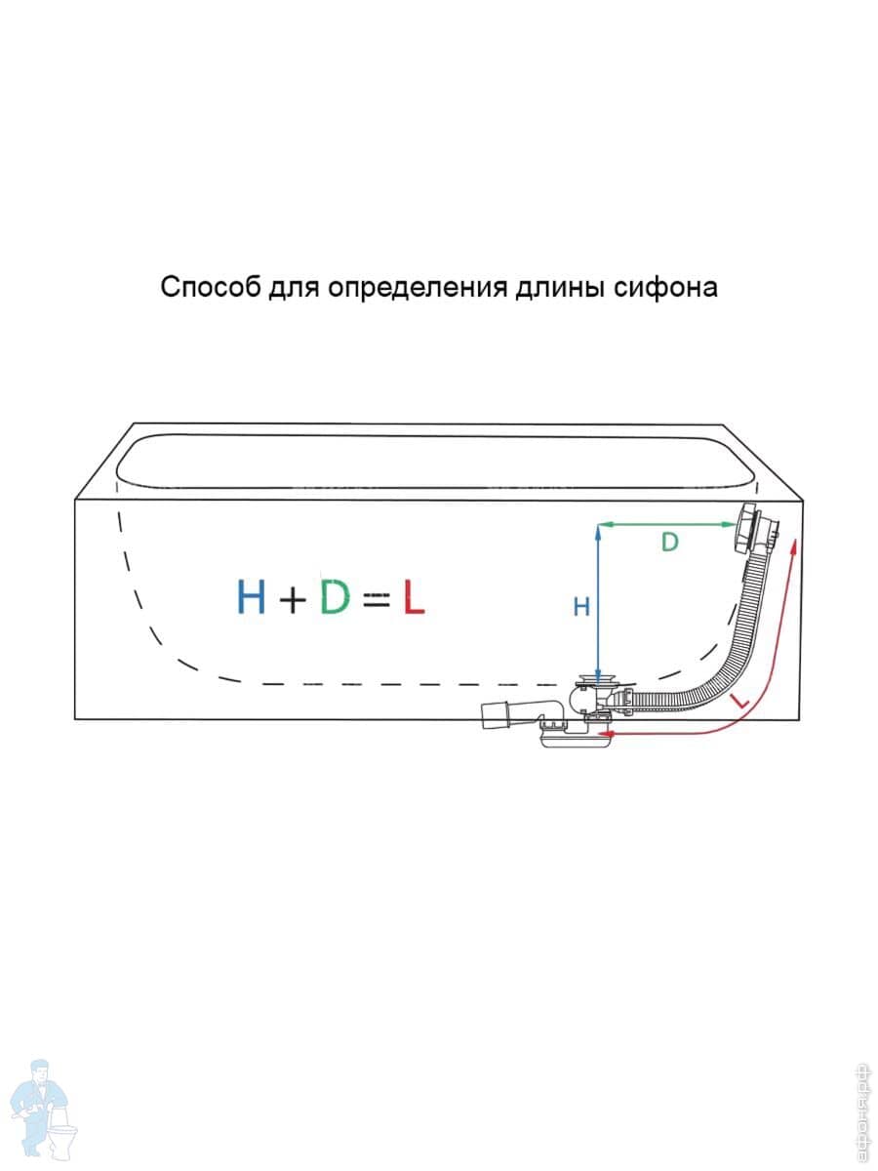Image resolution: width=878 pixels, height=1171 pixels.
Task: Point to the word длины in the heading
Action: tap(558, 289)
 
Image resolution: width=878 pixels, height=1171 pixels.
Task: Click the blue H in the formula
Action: tap(251, 596)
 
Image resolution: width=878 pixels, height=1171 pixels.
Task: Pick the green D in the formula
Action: tap(335, 596)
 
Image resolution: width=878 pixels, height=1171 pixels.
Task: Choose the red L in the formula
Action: tap(413, 596)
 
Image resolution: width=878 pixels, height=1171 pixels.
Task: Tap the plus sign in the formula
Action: tap(292, 598)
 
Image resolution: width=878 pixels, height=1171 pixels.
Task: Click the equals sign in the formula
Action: tap(376, 598)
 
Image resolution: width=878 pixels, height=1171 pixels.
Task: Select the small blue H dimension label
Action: tap(580, 607)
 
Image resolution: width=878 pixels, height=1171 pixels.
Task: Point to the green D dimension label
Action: tap(669, 543)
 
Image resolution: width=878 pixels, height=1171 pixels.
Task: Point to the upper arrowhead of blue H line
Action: tap(595, 528)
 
